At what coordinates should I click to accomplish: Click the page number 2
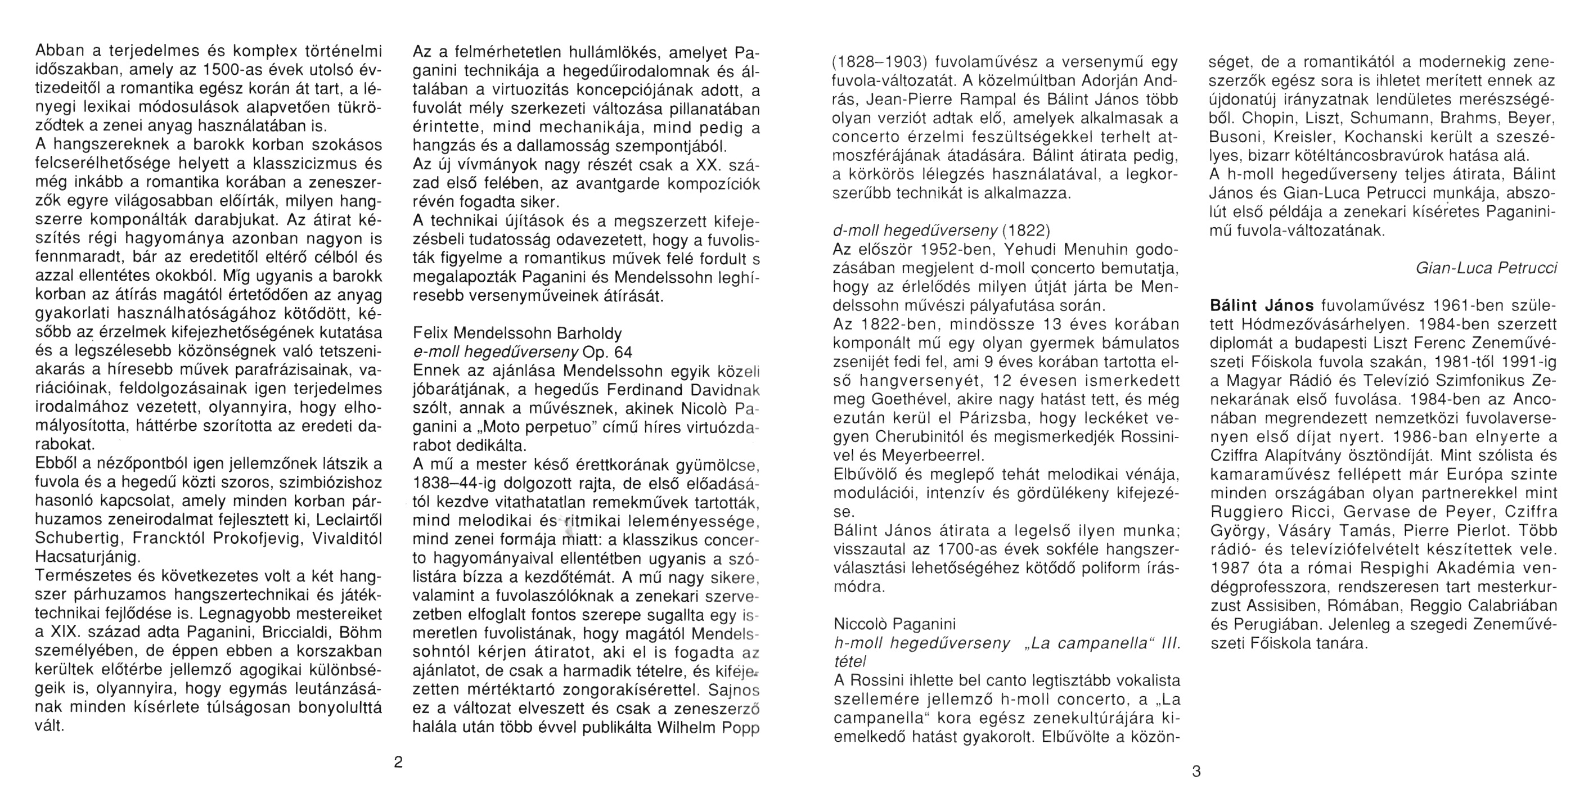(x=398, y=762)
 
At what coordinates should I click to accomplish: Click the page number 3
(x=1196, y=772)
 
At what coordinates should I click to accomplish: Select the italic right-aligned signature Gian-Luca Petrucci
(x=1486, y=268)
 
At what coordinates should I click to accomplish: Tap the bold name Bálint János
(x=1262, y=305)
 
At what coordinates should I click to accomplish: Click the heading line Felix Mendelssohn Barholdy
(x=517, y=334)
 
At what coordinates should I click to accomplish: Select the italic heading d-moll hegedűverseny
(x=915, y=231)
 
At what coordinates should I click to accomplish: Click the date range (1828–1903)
(x=880, y=62)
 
